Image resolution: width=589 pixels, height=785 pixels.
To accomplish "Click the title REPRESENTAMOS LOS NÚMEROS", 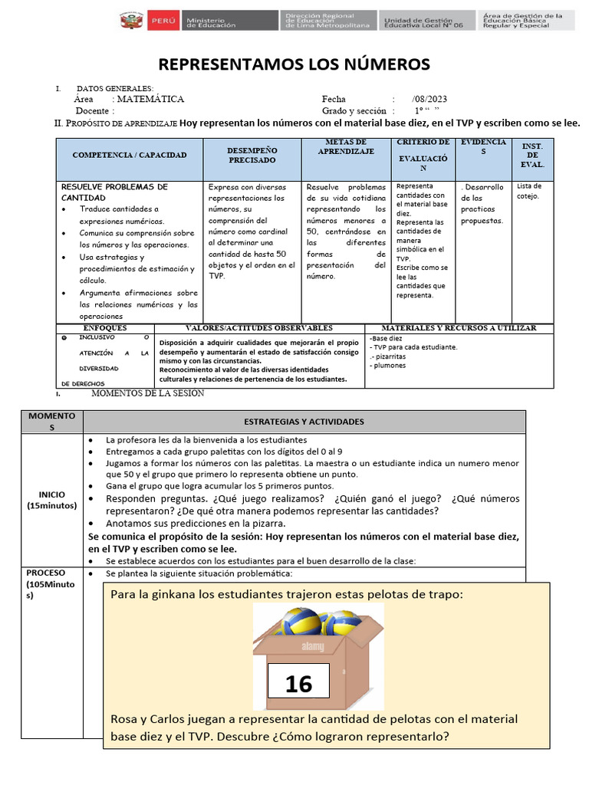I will [294, 63].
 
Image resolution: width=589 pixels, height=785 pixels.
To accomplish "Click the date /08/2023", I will [429, 100].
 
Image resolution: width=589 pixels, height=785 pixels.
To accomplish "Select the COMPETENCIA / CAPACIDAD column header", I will [130, 155].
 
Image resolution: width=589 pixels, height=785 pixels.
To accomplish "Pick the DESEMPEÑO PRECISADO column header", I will [252, 155].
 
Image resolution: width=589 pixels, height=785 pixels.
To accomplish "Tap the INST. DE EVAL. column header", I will [531, 155].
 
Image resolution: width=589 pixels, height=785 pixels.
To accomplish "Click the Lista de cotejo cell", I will [529, 190].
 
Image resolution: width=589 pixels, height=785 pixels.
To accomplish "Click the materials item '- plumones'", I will [388, 365].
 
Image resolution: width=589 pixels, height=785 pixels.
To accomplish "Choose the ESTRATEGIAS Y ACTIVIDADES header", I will [304, 422].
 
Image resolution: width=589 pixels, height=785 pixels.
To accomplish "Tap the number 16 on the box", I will [298, 683].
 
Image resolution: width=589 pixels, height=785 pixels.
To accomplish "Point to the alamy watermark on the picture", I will [314, 645].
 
